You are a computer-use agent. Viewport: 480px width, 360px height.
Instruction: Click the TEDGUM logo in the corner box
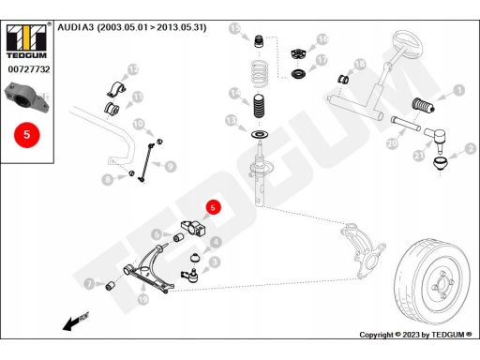click(26, 40)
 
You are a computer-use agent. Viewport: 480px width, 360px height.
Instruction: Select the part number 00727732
click(29, 69)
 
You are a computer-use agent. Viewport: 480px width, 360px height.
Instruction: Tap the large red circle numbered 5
click(27, 135)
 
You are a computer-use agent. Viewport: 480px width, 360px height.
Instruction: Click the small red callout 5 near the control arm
click(213, 207)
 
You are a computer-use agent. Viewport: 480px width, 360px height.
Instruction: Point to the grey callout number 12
click(133, 69)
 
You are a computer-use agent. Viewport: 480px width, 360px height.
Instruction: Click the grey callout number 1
click(458, 91)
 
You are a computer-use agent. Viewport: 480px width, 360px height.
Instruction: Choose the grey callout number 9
click(171, 166)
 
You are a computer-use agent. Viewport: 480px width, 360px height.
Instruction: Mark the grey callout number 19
click(142, 299)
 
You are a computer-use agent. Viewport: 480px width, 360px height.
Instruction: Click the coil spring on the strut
click(260, 74)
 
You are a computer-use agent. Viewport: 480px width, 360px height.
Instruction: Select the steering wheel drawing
click(405, 44)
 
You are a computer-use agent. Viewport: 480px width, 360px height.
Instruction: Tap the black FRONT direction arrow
click(75, 322)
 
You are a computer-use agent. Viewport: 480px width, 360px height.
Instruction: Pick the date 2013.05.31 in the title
click(181, 27)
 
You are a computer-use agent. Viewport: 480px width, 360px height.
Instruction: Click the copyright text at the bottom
click(415, 335)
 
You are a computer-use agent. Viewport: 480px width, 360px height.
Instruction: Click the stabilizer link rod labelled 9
click(146, 162)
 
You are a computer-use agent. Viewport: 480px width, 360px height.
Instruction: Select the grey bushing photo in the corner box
click(27, 97)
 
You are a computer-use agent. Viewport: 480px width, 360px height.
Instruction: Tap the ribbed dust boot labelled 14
click(259, 106)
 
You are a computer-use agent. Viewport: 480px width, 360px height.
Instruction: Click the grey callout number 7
click(89, 284)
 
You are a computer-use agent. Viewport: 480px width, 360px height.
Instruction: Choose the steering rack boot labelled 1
click(424, 105)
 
